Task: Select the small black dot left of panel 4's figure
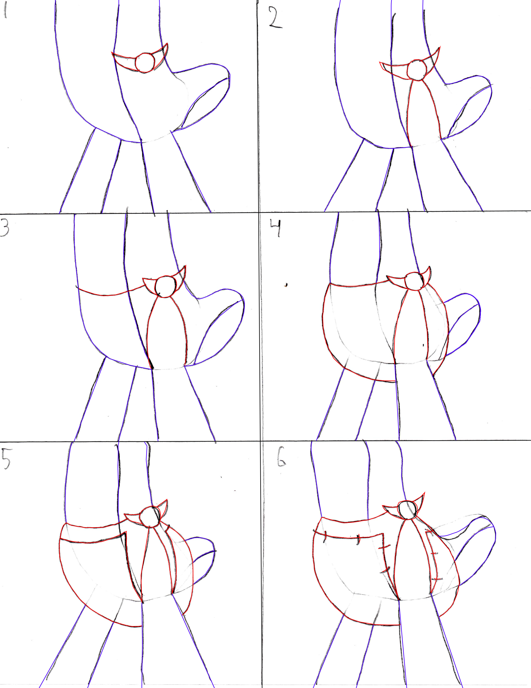pyautogui.click(x=286, y=285)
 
